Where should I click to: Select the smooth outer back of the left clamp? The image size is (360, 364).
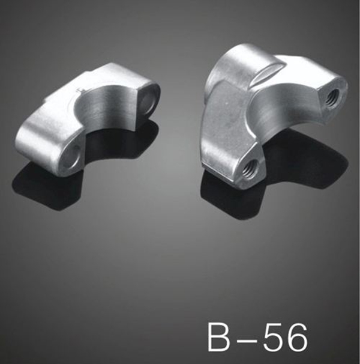48,135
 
